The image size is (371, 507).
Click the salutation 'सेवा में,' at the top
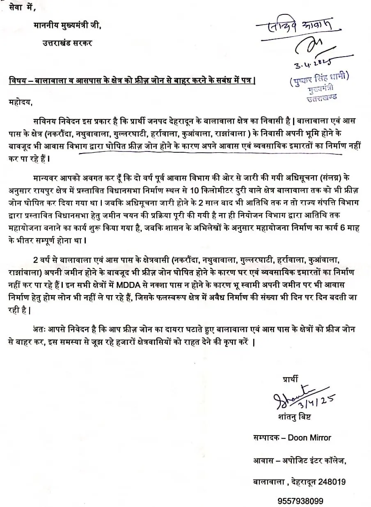(21, 8)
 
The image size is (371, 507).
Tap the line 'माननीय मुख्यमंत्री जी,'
(67, 25)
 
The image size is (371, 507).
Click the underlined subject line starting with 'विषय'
(132, 81)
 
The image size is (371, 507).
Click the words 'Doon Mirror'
(309, 438)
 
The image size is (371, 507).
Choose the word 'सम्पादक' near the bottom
(266, 438)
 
